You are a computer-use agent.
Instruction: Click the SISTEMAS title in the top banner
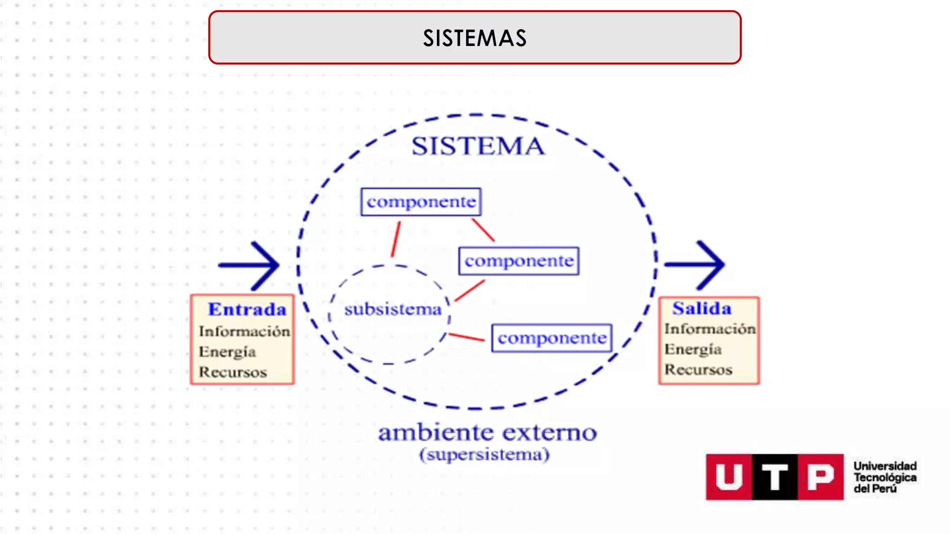pos(475,38)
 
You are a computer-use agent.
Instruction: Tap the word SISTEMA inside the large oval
pos(478,146)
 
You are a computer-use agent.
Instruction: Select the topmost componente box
pos(421,202)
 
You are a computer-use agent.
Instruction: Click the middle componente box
pos(519,261)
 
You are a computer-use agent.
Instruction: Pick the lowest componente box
pos(552,338)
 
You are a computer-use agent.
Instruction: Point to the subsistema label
pos(392,309)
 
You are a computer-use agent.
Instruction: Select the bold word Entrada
pos(247,309)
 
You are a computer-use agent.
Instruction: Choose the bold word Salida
pos(702,308)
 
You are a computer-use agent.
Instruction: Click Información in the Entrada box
pos(244,331)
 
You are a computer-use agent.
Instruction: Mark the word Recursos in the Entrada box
pos(233,372)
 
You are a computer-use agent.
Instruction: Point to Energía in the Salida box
pos(693,349)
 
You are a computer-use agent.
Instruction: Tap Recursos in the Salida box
pos(698,369)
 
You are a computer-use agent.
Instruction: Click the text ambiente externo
pos(487,432)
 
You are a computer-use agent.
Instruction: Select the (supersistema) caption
pos(484,454)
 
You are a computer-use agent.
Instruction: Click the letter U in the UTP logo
pos(729,477)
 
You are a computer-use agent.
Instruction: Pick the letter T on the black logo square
pos(775,477)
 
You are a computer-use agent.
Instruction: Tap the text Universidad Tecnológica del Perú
pos(885,477)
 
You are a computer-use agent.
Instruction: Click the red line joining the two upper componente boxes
pos(483,230)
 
